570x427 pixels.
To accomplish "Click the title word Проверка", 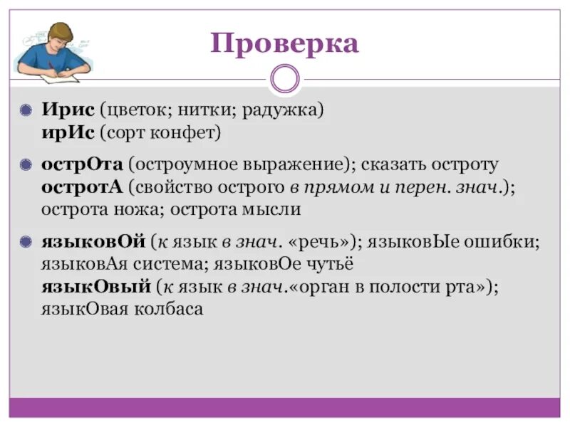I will tap(284, 44).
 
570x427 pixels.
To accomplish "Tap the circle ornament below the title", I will tap(285, 79).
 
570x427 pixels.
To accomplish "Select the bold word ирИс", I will tap(66, 132).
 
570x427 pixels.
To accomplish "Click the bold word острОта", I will tap(82, 164).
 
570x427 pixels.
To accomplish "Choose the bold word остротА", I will tap(82, 186).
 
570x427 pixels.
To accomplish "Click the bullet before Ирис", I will tap(26, 111).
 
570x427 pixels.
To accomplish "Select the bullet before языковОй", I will tap(26, 243).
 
